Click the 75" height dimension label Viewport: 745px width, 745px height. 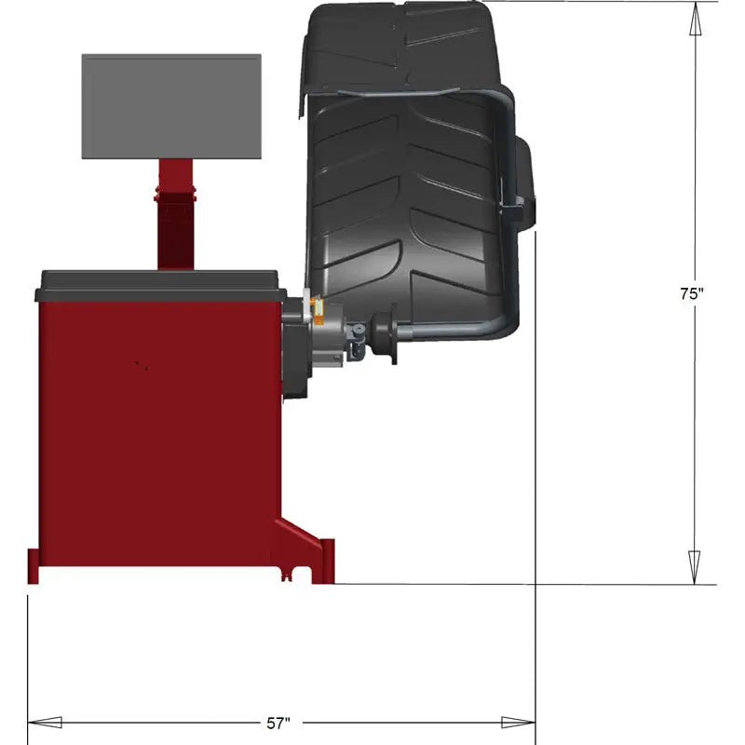(691, 292)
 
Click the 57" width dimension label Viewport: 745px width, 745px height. (278, 722)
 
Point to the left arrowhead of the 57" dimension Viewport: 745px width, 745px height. (45, 722)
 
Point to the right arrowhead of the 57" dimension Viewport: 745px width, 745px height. (518, 722)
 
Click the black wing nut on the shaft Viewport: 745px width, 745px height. (381, 334)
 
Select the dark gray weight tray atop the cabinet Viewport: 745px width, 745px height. (158, 284)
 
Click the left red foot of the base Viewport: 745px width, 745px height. (34, 564)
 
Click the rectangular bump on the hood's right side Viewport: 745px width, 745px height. (523, 182)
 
